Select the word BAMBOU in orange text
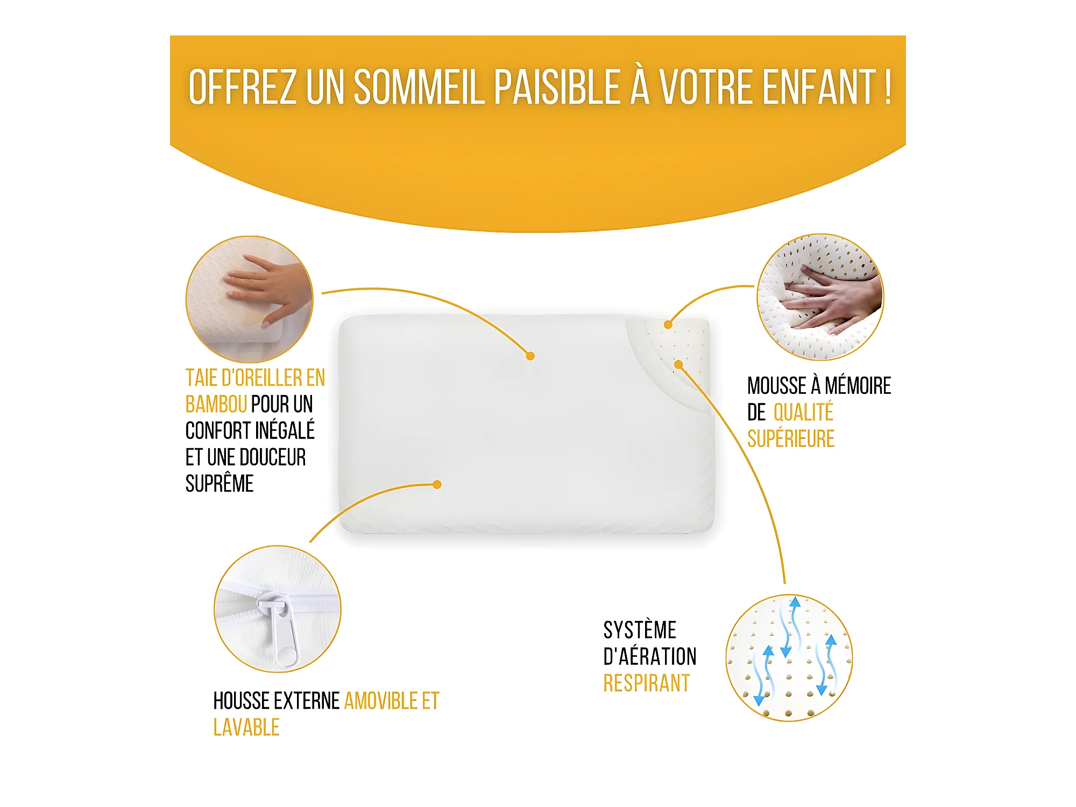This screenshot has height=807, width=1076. coord(216,404)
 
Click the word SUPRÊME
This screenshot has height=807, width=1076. coord(220,483)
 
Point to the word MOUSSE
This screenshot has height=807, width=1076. coord(777,386)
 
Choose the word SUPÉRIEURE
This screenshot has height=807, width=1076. coord(791,439)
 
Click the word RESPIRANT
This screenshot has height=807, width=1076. coord(647,683)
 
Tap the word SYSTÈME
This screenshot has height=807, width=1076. coord(640,629)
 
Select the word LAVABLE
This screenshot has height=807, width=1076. coord(246,728)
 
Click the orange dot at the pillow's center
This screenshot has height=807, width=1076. coord(530,356)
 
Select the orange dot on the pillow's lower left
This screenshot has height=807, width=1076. coord(437,484)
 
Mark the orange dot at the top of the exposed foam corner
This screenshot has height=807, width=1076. coord(668,324)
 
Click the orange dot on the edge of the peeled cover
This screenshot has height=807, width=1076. coord(679,365)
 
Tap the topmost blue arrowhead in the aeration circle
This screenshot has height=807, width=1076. coord(795,601)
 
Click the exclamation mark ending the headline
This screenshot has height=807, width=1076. coord(888,87)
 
